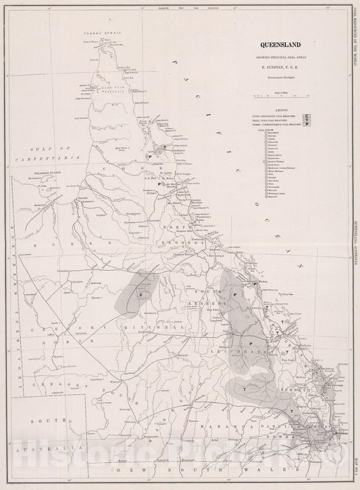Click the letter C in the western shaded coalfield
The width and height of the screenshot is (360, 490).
pos(141,295)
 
